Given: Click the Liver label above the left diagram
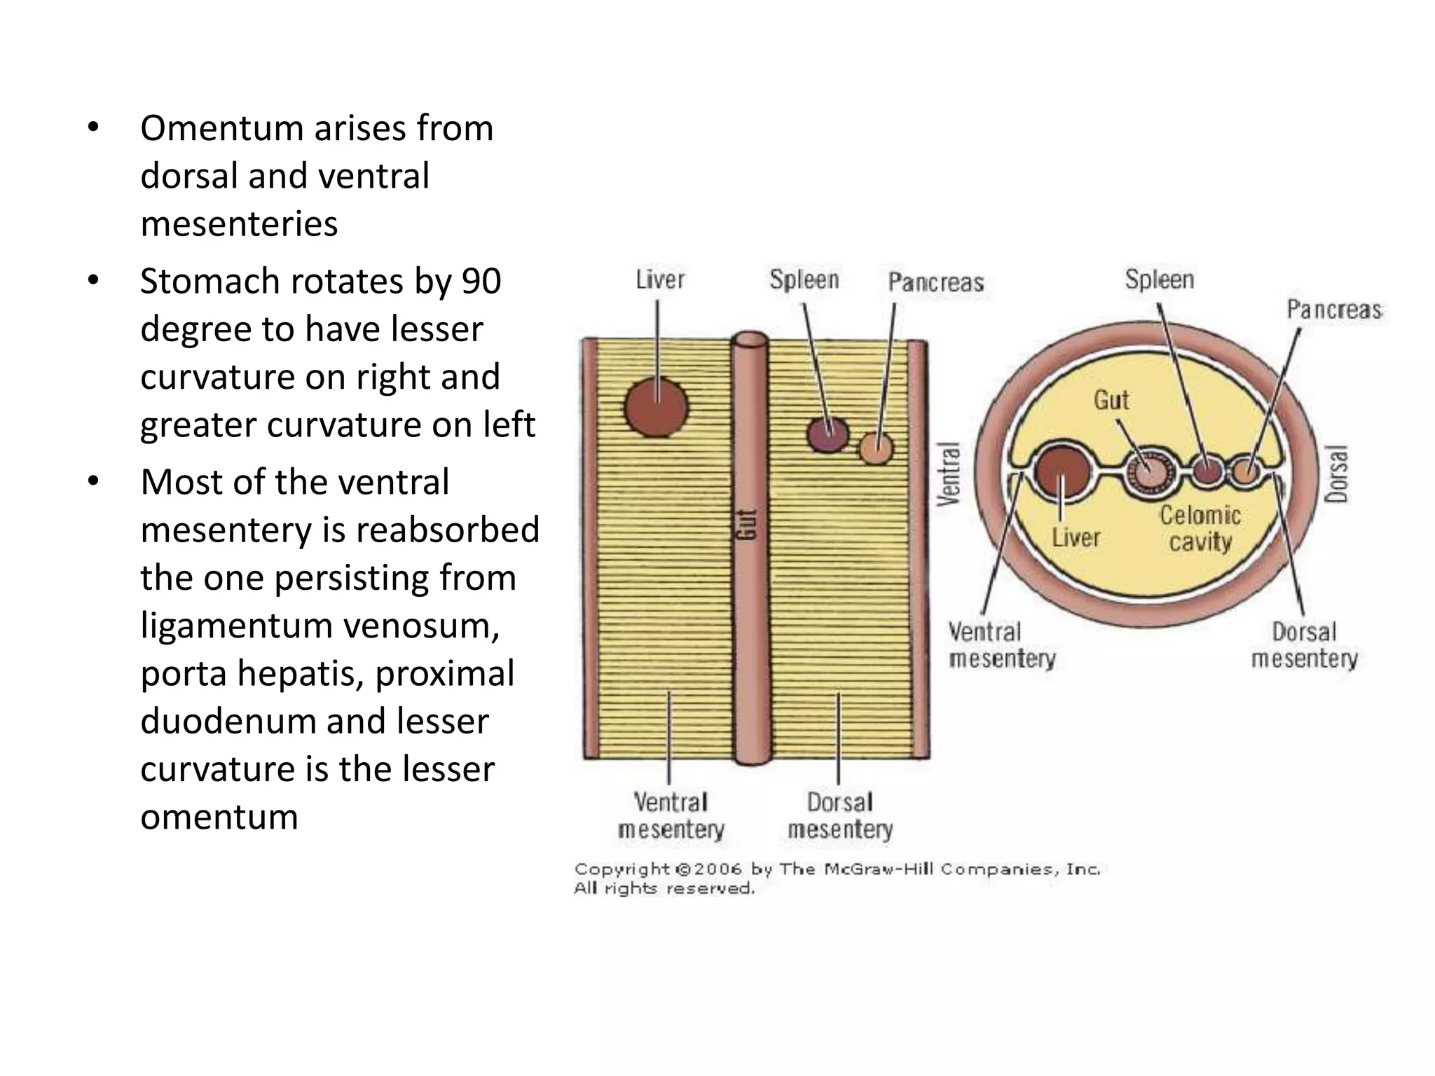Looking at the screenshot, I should click(x=660, y=280).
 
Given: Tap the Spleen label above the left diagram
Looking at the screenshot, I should click(x=804, y=280).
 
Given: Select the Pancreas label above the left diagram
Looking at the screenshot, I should click(x=935, y=282).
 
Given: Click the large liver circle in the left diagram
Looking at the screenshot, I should click(x=656, y=407).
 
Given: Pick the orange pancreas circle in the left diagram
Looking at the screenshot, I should click(x=876, y=448).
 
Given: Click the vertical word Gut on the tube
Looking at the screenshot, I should click(x=748, y=524).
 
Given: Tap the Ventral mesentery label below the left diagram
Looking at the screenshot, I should click(x=671, y=815).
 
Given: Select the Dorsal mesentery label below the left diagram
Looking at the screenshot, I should click(x=840, y=815).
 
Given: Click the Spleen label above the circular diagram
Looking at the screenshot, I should click(x=1159, y=280).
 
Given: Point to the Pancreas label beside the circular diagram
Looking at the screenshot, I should click(x=1333, y=310).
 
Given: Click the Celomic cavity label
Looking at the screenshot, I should click(x=1200, y=528).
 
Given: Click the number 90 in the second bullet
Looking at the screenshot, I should click(x=481, y=282).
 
